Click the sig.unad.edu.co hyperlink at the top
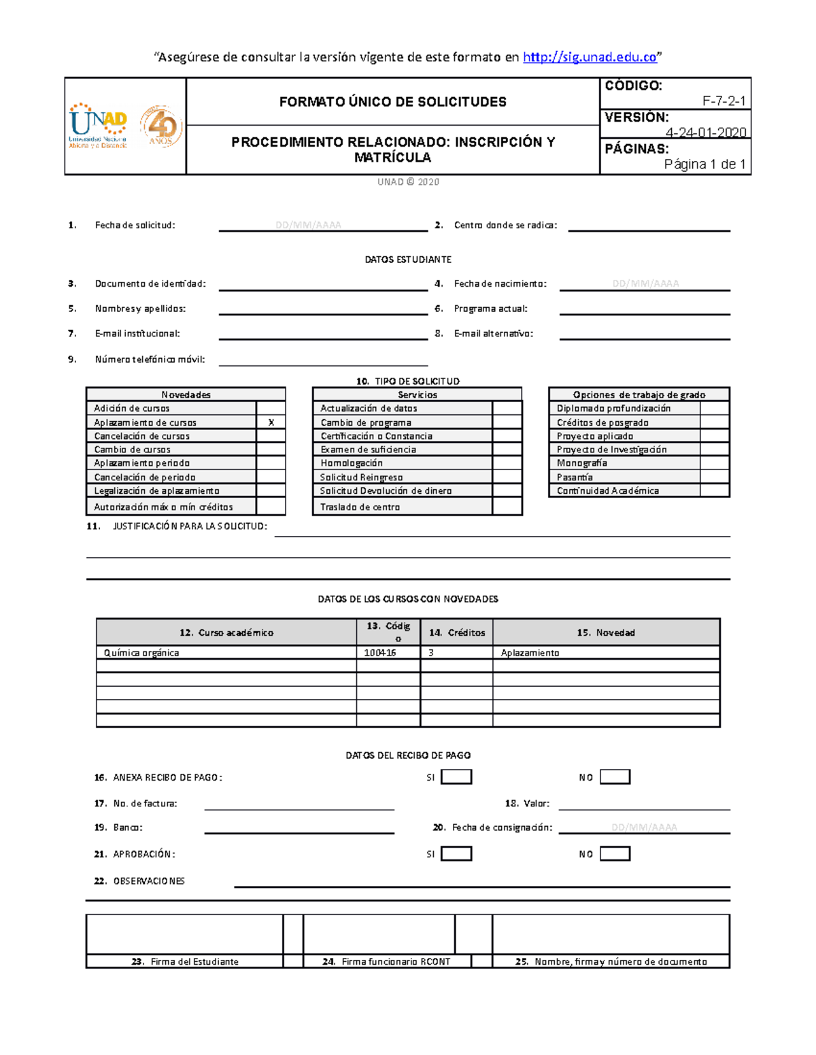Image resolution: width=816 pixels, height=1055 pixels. coord(590,57)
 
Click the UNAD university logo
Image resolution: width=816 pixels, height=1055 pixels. coord(98,126)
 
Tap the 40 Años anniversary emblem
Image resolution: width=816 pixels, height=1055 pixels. coord(161,126)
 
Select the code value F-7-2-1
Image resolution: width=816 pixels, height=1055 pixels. coord(724,101)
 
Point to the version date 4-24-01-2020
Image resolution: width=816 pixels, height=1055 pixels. coord(705,132)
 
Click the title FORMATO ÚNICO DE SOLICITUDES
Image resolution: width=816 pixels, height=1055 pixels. coord(392,102)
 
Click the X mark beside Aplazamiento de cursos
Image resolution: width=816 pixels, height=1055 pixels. coord(271,423)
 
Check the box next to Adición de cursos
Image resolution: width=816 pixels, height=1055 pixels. coord(271,408)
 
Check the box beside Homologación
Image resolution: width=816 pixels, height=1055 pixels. coord(507,463)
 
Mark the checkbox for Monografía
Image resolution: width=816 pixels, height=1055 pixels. coord(715,463)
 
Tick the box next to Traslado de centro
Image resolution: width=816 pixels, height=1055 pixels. coord(507,507)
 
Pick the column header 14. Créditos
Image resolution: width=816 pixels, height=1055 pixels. coord(457,632)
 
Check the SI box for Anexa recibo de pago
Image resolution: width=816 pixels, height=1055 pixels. coord(456,777)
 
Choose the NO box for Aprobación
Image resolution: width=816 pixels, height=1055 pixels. coord(615,854)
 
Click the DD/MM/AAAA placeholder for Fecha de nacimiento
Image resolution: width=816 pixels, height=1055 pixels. coord(645,284)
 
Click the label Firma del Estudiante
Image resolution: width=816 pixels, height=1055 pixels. coord(185,961)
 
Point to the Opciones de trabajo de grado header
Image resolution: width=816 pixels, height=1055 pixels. coord(639,395)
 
